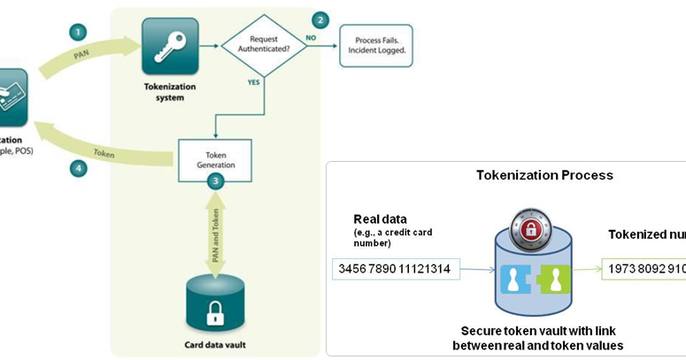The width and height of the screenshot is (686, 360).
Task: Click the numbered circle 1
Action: point(80,31)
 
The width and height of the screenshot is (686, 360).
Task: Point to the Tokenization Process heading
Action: point(544,175)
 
